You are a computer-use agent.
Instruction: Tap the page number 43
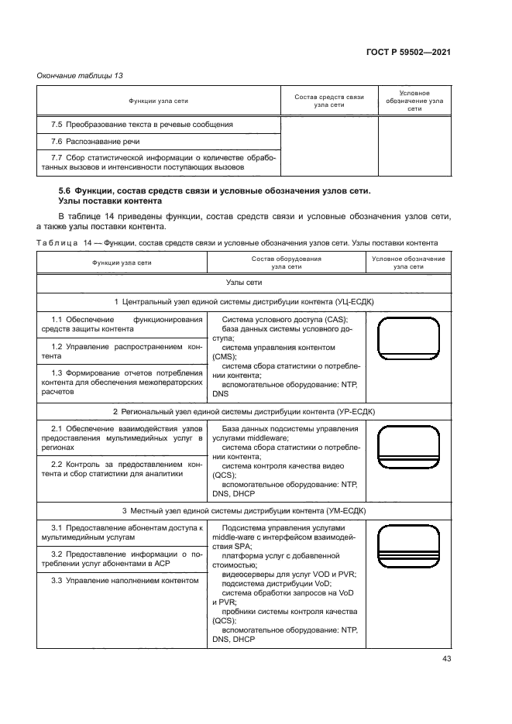point(446,658)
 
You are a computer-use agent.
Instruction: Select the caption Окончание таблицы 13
point(80,75)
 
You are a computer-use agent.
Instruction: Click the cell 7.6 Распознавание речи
point(95,142)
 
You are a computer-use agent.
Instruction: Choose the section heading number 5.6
point(65,190)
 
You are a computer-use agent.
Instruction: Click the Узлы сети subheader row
point(244,283)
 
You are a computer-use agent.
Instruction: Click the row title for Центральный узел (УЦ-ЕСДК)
point(244,301)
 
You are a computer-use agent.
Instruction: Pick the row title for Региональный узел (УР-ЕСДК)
point(244,411)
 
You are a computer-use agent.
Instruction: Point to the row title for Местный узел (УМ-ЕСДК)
point(244,511)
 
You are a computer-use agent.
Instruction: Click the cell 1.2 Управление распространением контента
point(122,352)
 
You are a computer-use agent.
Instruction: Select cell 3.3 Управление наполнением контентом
point(122,580)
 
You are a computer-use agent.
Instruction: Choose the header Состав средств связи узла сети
point(329,101)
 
